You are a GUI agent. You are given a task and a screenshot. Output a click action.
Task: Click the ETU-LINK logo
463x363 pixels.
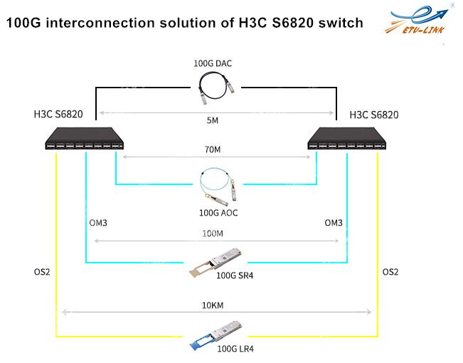click(417, 20)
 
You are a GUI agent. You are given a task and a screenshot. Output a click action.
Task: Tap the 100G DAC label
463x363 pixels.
click(213, 63)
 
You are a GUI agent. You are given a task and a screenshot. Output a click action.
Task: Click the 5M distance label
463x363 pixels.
click(213, 120)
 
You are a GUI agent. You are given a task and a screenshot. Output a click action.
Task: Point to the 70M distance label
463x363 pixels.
click(213, 149)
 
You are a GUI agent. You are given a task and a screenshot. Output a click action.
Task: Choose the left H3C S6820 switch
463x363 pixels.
click(85, 138)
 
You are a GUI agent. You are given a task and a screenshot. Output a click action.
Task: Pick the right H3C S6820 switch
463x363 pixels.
click(347, 138)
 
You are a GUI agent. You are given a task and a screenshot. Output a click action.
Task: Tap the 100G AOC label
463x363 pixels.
click(218, 213)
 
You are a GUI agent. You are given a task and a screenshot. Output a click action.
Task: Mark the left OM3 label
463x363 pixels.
click(98, 223)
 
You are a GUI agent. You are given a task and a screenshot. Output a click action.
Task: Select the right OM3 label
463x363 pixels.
click(334, 223)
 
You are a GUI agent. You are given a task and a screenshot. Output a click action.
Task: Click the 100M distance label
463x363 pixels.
click(213, 233)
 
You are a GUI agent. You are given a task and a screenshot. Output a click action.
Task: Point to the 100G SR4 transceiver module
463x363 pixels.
click(215, 262)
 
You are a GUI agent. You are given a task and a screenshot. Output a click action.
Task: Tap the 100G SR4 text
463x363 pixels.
click(235, 275)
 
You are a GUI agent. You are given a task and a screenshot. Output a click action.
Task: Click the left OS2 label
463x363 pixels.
click(42, 272)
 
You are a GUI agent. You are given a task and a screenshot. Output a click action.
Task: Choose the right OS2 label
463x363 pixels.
click(390, 272)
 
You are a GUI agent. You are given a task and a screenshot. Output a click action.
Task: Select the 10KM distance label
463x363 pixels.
click(213, 305)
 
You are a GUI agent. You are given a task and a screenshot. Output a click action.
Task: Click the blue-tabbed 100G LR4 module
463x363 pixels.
click(216, 335)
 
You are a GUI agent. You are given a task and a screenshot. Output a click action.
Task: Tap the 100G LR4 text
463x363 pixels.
click(235, 349)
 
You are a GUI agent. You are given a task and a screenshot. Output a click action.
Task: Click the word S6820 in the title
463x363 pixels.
click(292, 23)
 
